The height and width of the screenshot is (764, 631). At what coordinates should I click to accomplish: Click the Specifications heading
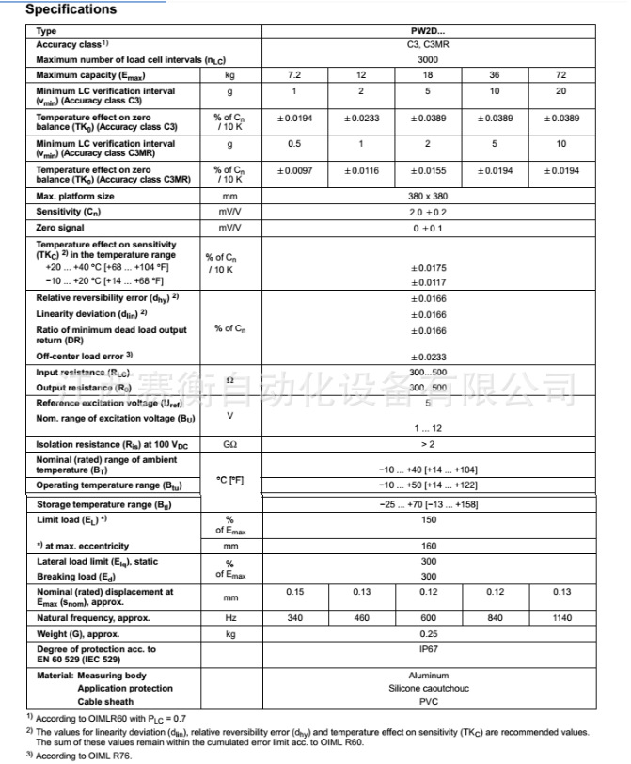pos(71,9)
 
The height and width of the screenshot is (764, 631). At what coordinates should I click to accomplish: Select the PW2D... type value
pos(428,31)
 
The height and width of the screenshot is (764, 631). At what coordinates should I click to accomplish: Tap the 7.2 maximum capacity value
pos(293,74)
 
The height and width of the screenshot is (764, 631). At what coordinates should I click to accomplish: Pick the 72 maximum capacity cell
pos(561,74)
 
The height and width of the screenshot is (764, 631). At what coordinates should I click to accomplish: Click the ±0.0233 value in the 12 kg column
pos(361,119)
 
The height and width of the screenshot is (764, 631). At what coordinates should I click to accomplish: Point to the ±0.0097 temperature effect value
pos(293,171)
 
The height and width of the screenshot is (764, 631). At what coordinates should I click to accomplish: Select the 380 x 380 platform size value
pos(428,197)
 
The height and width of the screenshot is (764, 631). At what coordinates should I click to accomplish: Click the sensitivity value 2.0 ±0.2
pos(428,213)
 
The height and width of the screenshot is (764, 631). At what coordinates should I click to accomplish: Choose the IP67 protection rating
pos(428,649)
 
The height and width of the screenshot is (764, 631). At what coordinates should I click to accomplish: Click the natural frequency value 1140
pos(561,617)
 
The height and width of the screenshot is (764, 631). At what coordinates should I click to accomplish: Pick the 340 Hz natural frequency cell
pos(293,617)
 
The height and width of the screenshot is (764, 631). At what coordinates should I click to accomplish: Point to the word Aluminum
pos(428,676)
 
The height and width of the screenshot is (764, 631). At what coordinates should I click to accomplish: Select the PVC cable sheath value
pos(428,701)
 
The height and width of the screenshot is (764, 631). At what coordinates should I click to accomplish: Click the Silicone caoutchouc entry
pos(428,688)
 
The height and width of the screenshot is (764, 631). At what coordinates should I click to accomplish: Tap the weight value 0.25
pos(428,633)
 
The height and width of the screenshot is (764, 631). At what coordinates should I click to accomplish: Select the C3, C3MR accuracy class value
pos(428,44)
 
